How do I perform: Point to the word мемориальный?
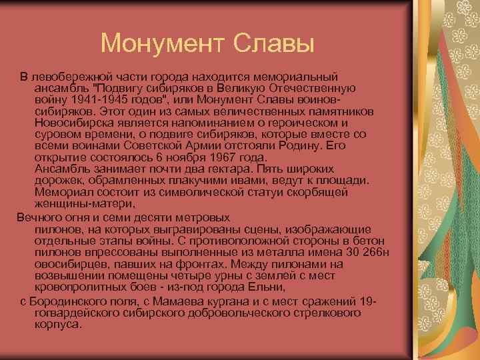point(299,78)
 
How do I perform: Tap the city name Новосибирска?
point(76,123)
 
